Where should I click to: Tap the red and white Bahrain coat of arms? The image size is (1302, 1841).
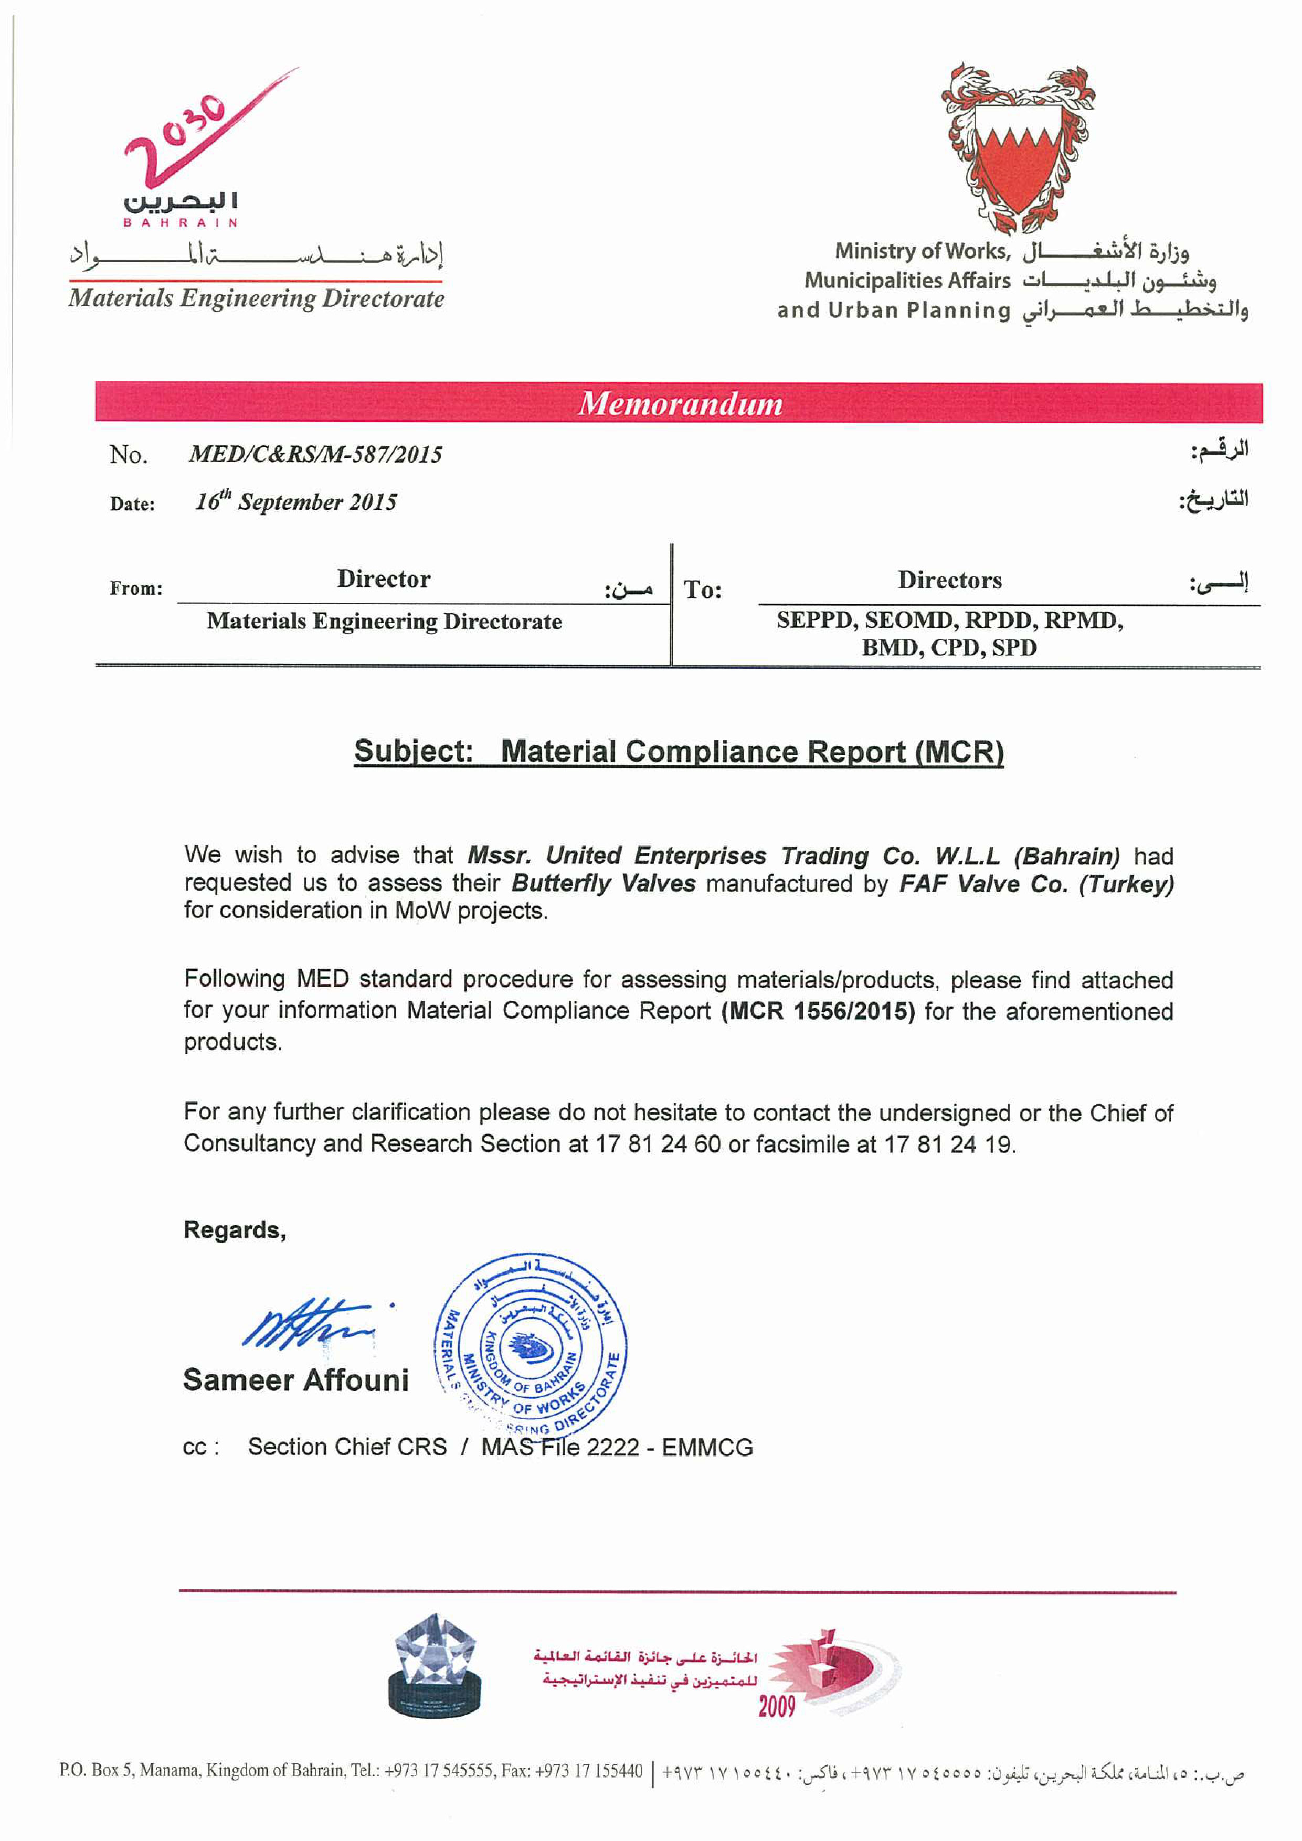coord(1017,148)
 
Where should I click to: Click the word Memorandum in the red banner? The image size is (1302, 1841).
coord(680,403)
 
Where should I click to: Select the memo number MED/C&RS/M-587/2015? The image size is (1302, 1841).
coord(315,455)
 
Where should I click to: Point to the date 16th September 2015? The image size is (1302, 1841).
coord(296,502)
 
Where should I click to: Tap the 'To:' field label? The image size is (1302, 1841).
coord(702,590)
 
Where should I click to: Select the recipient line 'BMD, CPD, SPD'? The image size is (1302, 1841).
coord(949,647)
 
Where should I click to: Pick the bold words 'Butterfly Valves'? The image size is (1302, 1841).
coord(604,884)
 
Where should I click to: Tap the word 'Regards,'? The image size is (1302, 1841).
coord(234,1230)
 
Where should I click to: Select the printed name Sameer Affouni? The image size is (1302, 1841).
coord(295,1380)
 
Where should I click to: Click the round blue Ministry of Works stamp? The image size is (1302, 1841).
coord(531,1346)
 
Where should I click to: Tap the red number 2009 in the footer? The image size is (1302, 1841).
coord(777,1706)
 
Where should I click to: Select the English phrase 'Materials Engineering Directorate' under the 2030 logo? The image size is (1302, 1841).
coord(256,298)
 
